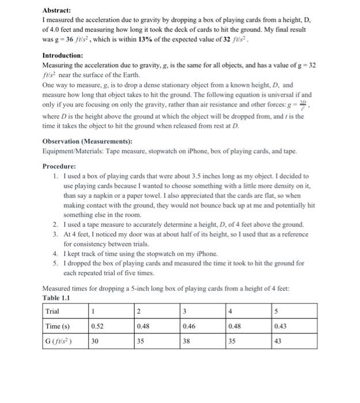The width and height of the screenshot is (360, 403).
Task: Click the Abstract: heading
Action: click(x=57, y=10)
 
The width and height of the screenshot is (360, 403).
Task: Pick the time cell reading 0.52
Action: click(x=98, y=326)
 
